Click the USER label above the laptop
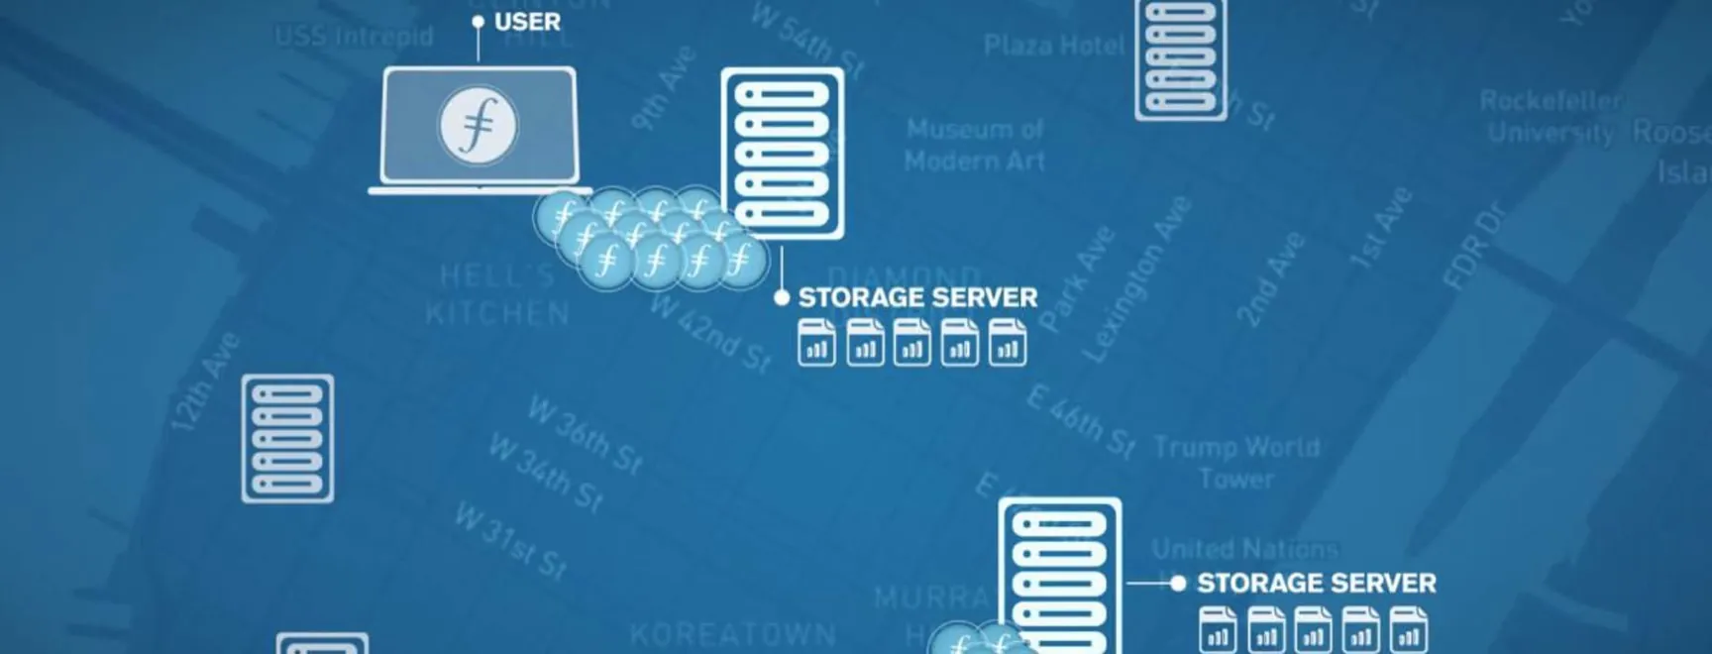(526, 22)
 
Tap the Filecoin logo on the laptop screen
(479, 126)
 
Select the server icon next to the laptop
(783, 153)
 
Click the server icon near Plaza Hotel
(1180, 58)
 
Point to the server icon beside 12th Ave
(287, 438)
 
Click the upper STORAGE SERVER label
(917, 297)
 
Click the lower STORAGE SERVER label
(1316, 583)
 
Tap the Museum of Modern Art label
(975, 145)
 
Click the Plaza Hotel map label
(1054, 46)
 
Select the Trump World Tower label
(1236, 463)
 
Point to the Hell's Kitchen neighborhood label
(497, 294)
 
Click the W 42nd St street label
(710, 335)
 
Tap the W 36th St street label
(585, 435)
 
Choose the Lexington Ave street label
(1136, 278)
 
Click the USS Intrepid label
(354, 37)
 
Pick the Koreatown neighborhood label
(733, 633)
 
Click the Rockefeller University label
(1551, 116)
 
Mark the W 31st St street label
(510, 540)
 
